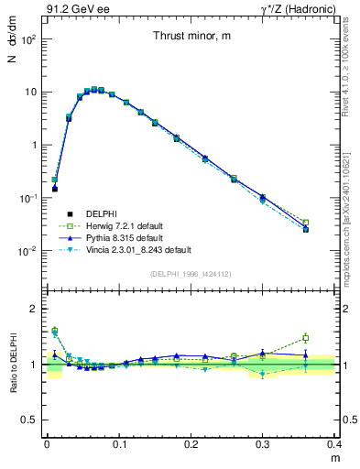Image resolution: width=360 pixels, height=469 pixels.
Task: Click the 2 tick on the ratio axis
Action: click(x=35, y=309)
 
